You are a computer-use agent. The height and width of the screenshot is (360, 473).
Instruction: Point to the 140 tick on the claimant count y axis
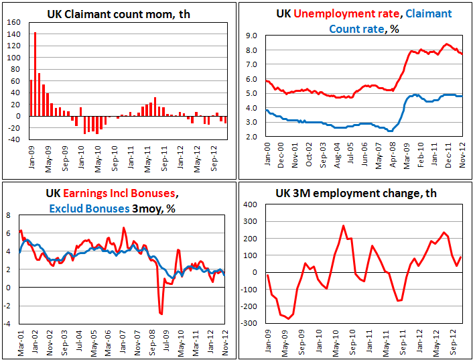pos(13,22)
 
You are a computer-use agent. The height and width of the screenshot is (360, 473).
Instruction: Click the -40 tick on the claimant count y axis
pos(13,139)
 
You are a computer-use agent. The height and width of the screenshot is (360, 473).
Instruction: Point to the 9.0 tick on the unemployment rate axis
pos(251,36)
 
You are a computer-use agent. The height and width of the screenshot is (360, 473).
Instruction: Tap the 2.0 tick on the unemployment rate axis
pos(251,137)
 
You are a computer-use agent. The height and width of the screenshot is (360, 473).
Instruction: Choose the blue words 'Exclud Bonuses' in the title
pos(89,208)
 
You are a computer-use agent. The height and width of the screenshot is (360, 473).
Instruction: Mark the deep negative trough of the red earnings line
pos(161,313)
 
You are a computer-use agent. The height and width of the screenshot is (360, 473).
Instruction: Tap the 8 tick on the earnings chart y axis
pos(9,215)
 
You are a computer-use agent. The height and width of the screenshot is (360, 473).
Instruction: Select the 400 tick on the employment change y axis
pos(251,204)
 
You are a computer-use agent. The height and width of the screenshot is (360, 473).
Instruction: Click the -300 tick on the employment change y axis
pos(249,323)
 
